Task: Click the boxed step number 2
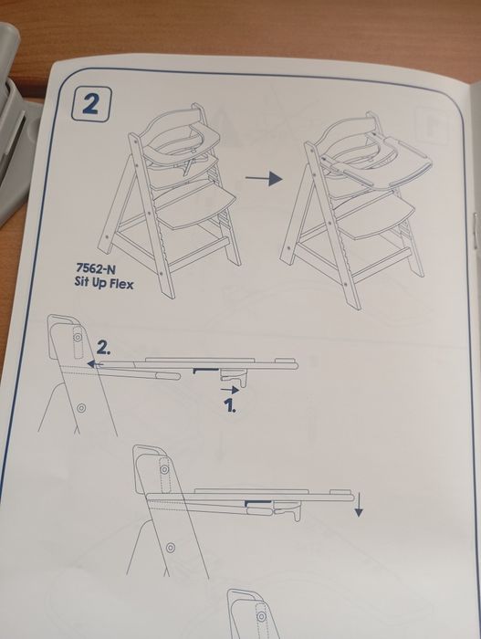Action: click(x=90, y=104)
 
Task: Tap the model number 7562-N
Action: click(x=96, y=268)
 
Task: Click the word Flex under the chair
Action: click(x=120, y=283)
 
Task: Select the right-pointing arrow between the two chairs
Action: click(x=264, y=178)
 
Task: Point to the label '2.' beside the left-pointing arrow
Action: click(x=104, y=348)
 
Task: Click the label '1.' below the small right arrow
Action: click(x=230, y=405)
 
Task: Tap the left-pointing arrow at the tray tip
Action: click(x=95, y=363)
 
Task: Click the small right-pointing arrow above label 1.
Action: click(x=229, y=390)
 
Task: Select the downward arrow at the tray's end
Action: click(x=359, y=505)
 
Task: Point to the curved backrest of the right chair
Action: click(x=347, y=131)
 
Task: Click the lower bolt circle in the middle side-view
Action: click(x=81, y=407)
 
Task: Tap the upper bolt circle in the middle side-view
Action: click(x=78, y=337)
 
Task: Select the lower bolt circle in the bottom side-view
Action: click(x=171, y=548)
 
